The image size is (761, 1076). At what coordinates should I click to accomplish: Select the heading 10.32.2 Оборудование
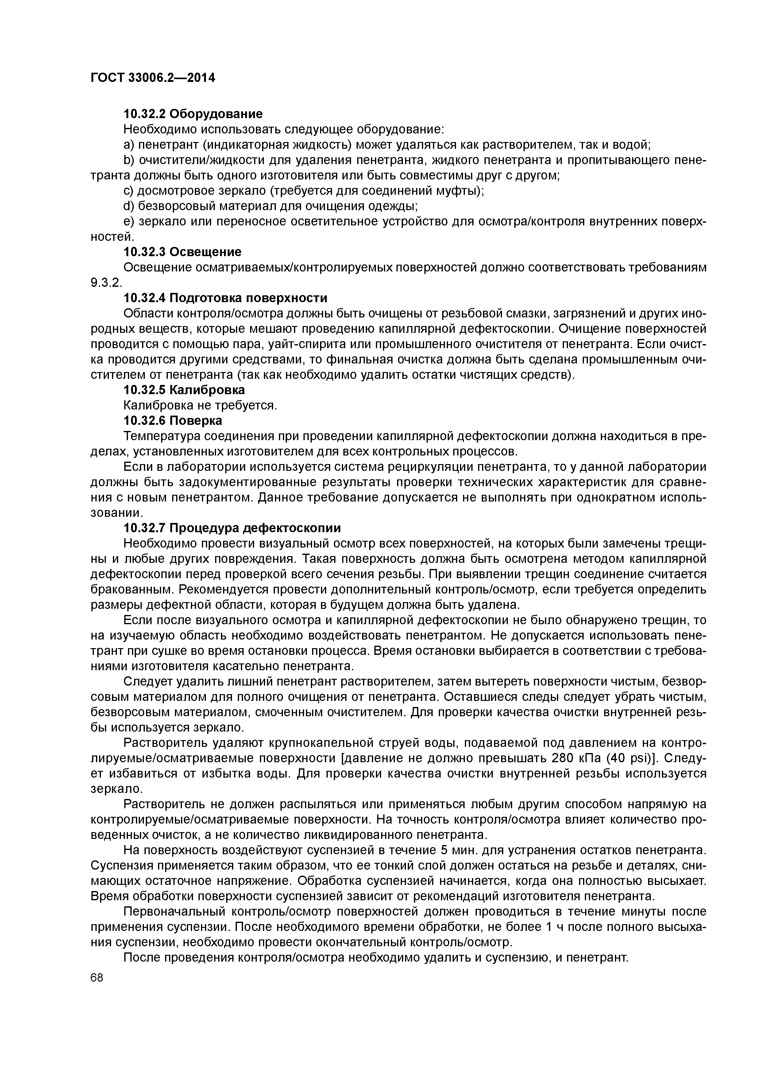point(193,114)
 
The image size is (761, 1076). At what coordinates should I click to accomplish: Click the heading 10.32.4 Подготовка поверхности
point(225,298)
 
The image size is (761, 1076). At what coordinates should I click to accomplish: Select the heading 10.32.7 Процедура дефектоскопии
point(232,528)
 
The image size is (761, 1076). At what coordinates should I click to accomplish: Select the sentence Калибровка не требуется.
point(200,405)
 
